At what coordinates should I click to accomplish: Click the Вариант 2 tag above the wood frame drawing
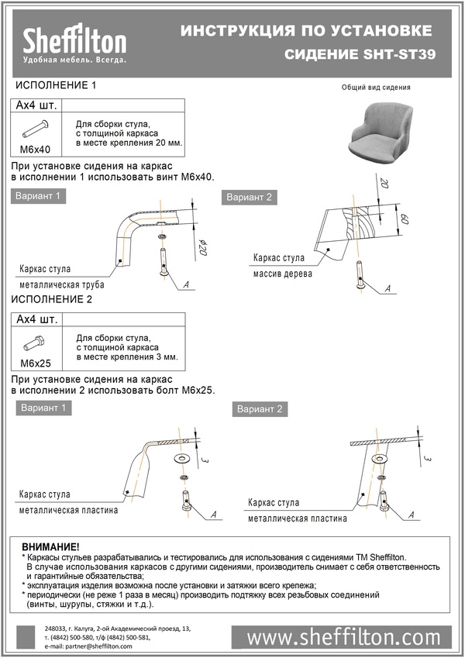(250, 198)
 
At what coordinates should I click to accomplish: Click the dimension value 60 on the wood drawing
(404, 219)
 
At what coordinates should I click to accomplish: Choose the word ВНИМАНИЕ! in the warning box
(51, 546)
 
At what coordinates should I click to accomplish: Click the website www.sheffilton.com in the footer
(343, 637)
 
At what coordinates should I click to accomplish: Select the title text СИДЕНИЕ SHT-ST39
(358, 55)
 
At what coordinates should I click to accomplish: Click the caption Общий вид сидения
(376, 88)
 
